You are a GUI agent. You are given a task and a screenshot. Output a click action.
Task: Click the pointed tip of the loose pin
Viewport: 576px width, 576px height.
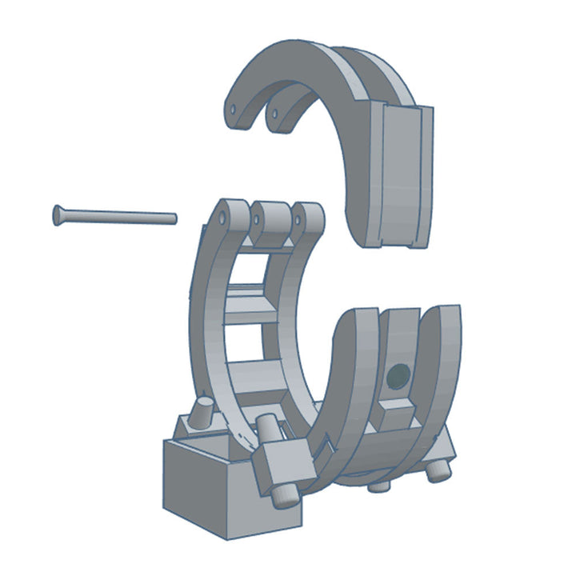pos(173,216)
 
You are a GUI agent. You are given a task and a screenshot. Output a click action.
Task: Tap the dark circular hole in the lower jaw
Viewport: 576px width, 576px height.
pos(397,374)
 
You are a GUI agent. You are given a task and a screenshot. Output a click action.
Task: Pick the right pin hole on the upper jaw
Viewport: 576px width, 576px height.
pos(274,114)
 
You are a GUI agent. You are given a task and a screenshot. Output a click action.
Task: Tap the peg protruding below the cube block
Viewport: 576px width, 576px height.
pos(285,496)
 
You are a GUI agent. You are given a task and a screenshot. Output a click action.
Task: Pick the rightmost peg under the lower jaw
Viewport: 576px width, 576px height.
pos(436,472)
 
